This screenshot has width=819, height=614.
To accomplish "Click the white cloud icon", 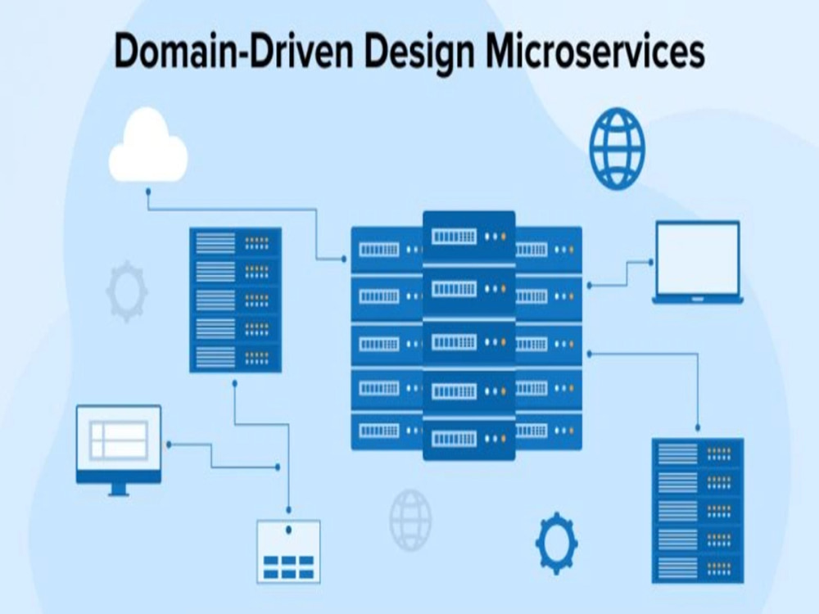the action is click(147, 145).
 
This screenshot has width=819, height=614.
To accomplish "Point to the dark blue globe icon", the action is click(617, 148).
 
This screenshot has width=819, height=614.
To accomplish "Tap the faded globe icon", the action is click(410, 520).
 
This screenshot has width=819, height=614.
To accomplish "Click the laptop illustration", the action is click(697, 262).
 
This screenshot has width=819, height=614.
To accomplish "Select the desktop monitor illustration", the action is click(119, 449).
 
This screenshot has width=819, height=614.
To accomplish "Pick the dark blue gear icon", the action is click(556, 543).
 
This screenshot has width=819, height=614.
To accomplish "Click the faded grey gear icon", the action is click(126, 291).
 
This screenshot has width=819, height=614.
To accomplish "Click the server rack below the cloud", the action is click(235, 300).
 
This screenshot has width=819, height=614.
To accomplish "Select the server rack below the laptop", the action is click(698, 510).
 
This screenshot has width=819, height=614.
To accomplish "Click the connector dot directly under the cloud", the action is click(148, 192).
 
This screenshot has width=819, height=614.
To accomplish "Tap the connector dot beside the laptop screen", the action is click(651, 262).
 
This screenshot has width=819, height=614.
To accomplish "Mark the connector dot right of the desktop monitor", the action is click(169, 445).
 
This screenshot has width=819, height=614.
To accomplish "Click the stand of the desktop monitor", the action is click(119, 490).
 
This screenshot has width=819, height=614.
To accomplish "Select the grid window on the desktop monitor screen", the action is click(119, 440).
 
